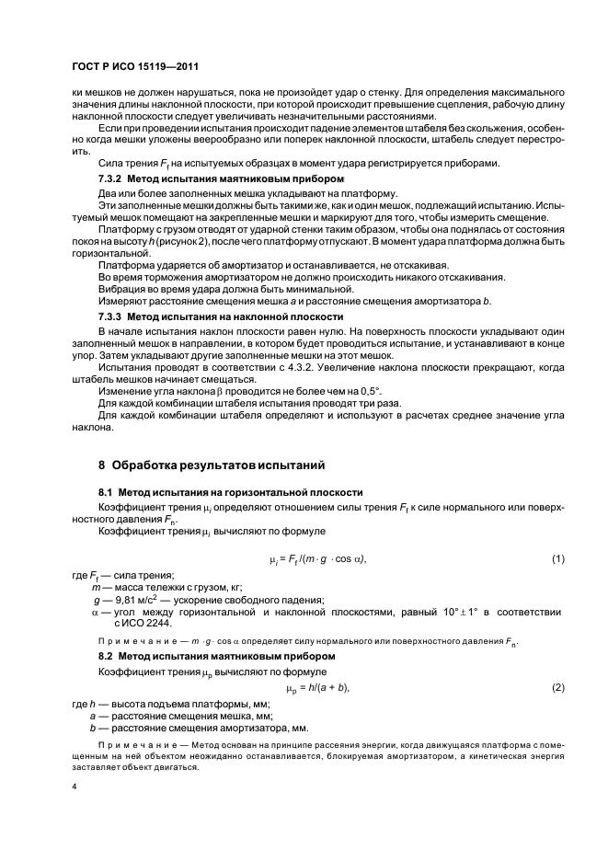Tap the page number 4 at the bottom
click(x=74, y=787)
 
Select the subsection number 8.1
click(x=108, y=492)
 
